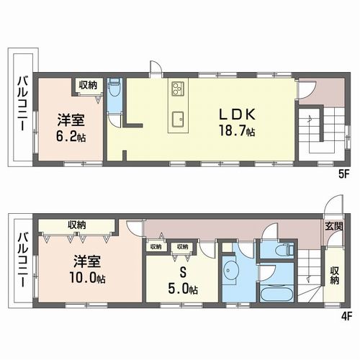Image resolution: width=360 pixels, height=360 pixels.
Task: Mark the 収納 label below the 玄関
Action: [334, 274]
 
